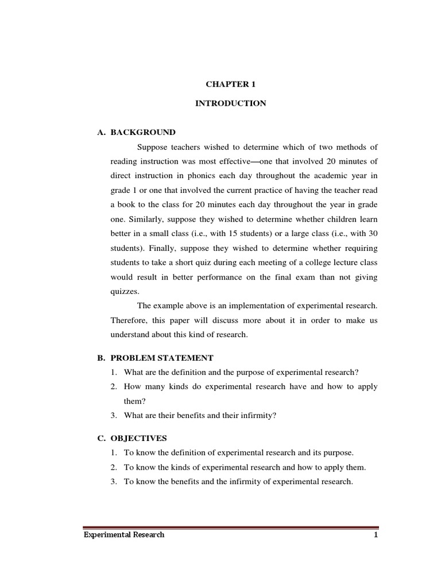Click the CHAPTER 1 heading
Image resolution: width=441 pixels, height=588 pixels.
click(230, 84)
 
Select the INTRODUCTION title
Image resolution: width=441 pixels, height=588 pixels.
click(230, 103)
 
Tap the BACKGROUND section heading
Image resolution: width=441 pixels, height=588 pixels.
click(143, 132)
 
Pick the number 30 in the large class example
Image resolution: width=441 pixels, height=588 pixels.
click(372, 233)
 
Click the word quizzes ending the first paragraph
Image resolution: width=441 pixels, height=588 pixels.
click(125, 291)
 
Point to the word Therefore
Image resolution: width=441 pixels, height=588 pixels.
click(130, 320)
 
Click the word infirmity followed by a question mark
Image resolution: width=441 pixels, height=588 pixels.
click(258, 415)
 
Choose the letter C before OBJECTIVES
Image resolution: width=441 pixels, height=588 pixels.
click(100, 438)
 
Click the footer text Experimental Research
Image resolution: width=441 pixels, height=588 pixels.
click(124, 535)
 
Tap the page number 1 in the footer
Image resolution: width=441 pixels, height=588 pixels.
click(376, 535)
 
